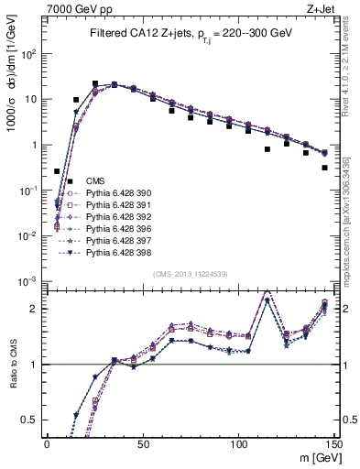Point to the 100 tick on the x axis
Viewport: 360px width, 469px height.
pos(239,444)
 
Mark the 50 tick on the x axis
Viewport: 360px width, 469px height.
pos(143,444)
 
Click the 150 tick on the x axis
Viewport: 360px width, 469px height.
pos(334,444)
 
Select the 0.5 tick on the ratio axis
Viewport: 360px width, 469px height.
pos(33,420)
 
